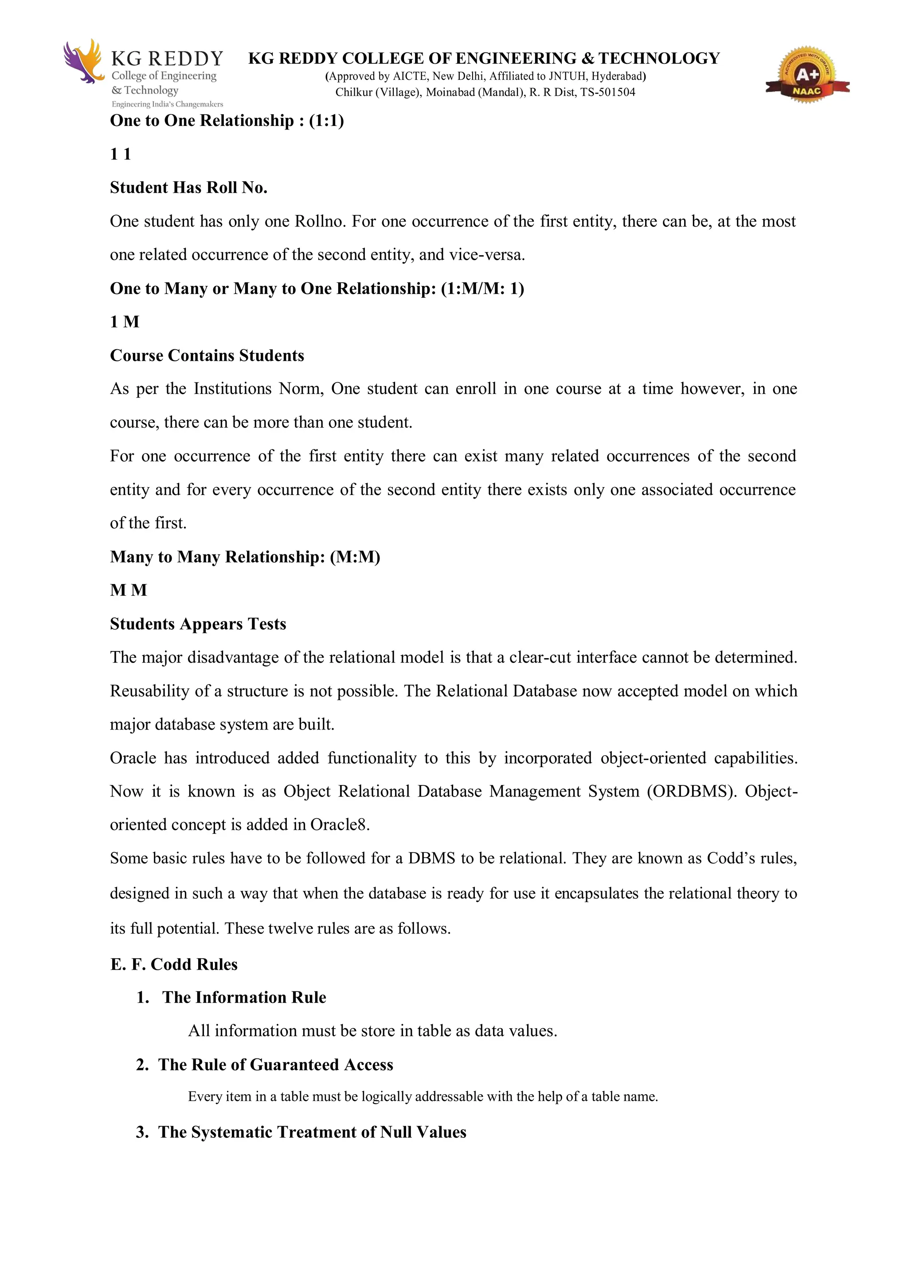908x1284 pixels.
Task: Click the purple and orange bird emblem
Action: click(x=83, y=61)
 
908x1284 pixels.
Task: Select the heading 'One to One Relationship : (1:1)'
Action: click(x=227, y=121)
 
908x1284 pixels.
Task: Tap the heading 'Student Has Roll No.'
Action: click(x=188, y=188)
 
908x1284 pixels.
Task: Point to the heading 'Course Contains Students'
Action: click(x=207, y=355)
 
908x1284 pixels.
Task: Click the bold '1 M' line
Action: click(x=124, y=322)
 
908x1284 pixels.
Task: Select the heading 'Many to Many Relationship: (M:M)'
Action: click(x=245, y=557)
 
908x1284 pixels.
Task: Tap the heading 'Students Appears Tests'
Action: click(x=198, y=624)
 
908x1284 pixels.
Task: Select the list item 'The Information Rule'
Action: click(x=244, y=998)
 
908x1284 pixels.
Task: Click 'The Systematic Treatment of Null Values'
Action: click(x=312, y=1132)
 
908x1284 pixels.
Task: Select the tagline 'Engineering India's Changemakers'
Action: click(x=167, y=105)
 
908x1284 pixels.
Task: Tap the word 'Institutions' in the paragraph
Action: click(x=233, y=389)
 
